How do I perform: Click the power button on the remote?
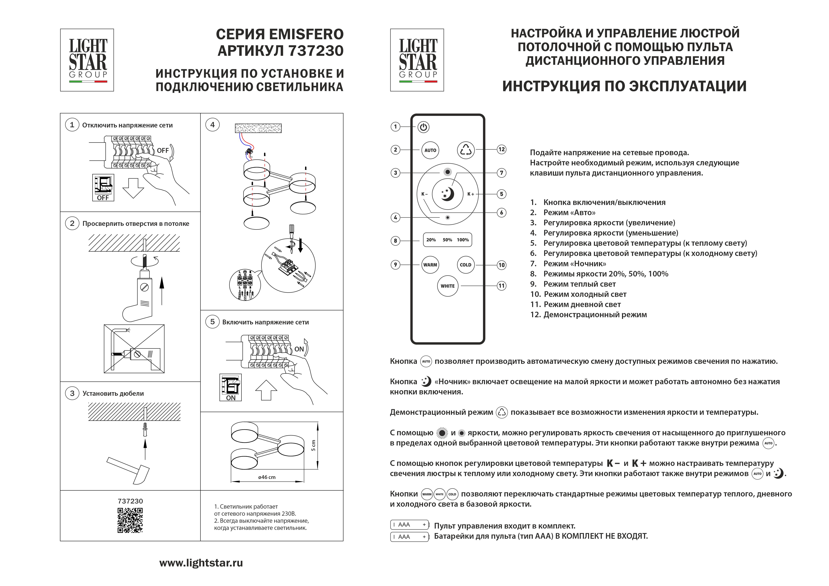[424, 127]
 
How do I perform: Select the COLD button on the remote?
[465, 265]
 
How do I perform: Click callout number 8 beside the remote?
[395, 241]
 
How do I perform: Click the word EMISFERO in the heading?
[306, 34]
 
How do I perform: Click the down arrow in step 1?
[133, 188]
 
